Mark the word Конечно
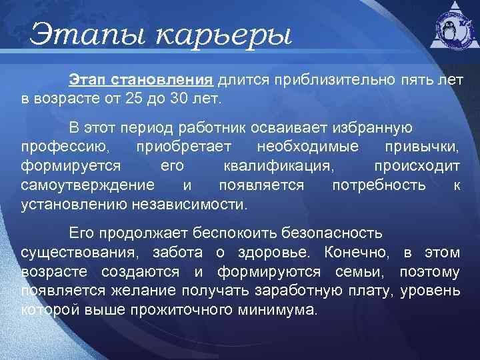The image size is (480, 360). click(x=356, y=253)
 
